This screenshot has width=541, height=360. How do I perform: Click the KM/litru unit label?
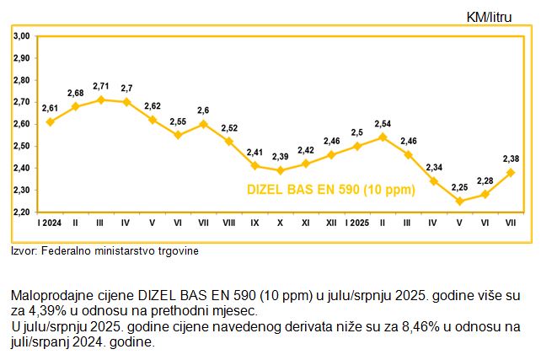pyautogui.click(x=493, y=18)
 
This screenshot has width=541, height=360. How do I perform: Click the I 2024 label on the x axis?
pyautogui.click(x=49, y=223)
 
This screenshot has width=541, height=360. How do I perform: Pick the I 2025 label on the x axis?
pyautogui.click(x=358, y=223)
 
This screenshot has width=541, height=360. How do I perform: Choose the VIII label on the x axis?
pyautogui.click(x=229, y=223)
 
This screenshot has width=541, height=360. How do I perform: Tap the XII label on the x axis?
pyautogui.click(x=331, y=223)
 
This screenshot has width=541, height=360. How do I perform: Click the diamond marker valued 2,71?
pyautogui.click(x=101, y=99)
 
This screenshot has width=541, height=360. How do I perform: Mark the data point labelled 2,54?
pyautogui.click(x=383, y=137)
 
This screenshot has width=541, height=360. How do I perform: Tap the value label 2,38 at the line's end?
pyautogui.click(x=511, y=159)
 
